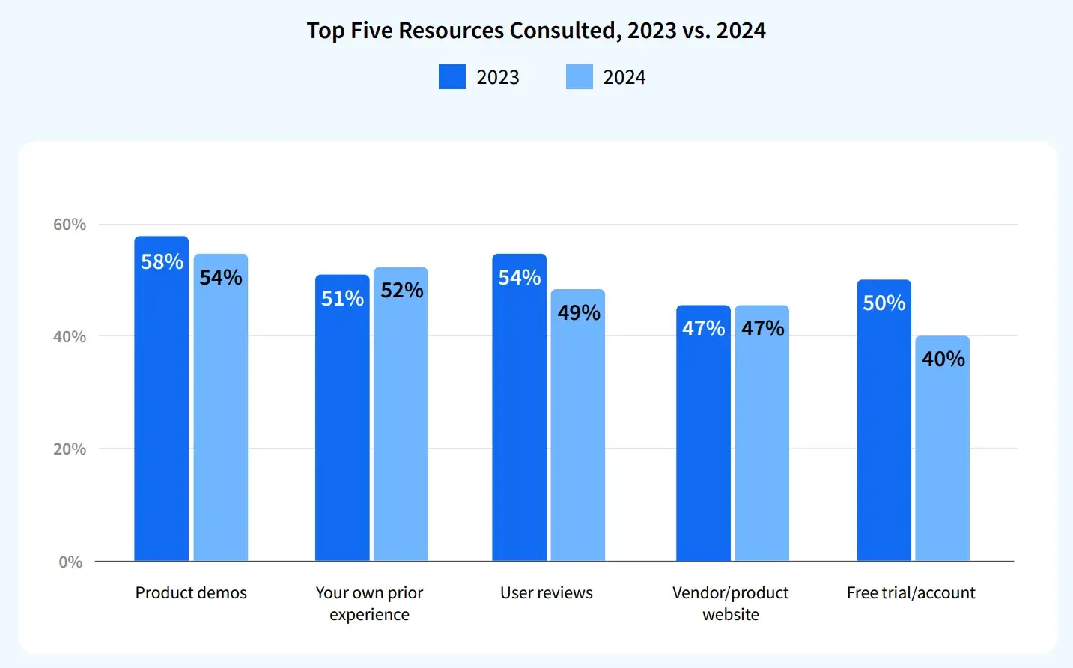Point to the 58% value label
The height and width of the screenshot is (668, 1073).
[162, 262]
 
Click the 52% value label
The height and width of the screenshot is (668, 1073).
[402, 291]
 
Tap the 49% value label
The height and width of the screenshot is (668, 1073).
[579, 313]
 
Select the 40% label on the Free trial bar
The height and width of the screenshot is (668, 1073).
[943, 359]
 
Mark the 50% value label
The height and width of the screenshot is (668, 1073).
[884, 303]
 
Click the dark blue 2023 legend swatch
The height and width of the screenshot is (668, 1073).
[452, 77]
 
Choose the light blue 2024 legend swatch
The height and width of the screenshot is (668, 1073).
[580, 77]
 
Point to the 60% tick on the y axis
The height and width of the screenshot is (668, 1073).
[70, 225]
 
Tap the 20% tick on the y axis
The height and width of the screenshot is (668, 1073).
[70, 449]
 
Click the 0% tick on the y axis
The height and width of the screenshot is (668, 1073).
[71, 562]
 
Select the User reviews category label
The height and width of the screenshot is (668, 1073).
[547, 593]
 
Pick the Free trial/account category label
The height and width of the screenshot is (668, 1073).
[911, 593]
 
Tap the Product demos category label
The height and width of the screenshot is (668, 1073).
[191, 593]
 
